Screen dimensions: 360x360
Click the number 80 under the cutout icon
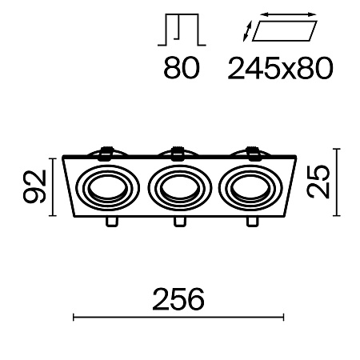182,70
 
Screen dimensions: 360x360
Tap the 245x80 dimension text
279,70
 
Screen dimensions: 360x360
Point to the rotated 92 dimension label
34,187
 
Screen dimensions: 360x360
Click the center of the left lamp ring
109,187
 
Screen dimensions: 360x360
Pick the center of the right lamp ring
253,187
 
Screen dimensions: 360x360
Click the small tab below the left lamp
110,222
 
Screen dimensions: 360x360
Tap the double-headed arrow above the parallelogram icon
286,15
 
